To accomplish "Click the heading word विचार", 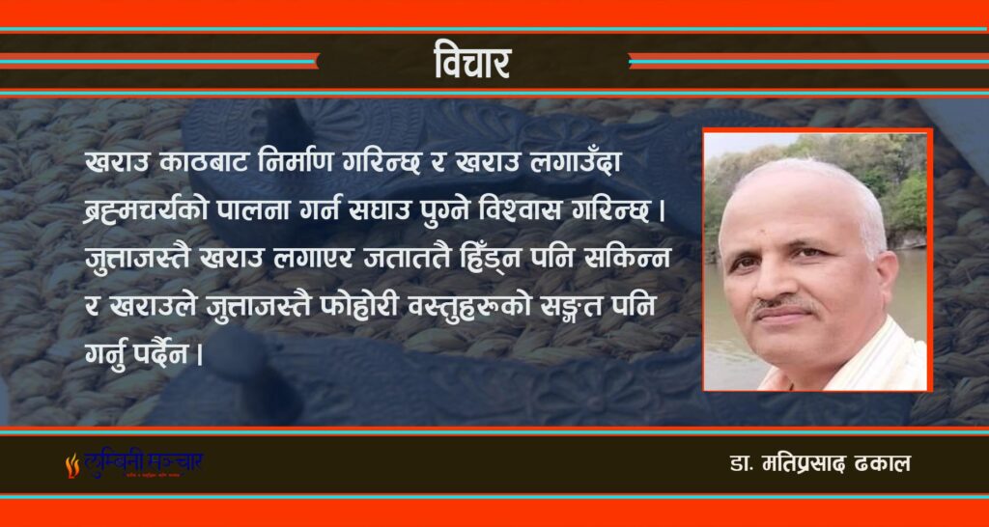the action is click(472, 63).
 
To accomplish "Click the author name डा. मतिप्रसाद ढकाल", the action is click(819, 464).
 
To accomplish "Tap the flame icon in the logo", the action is click(71, 465).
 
